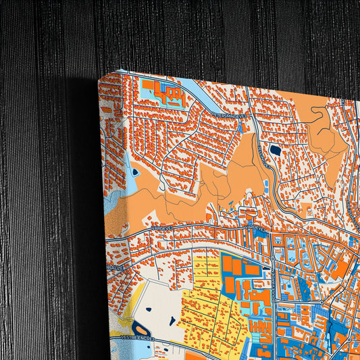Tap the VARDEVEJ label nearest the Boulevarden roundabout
click(257, 228)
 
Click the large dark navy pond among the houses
click(275, 149)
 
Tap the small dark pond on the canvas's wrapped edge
click(135, 172)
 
